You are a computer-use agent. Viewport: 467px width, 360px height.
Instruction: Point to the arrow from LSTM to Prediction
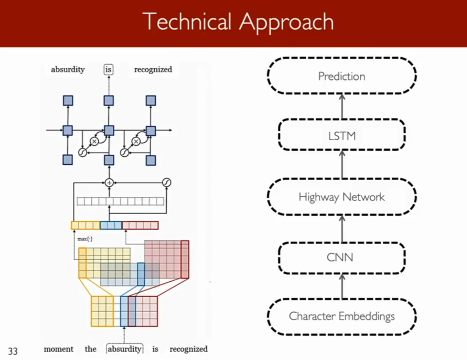click(x=342, y=107)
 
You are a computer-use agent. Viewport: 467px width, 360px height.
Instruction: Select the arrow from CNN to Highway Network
click(x=342, y=229)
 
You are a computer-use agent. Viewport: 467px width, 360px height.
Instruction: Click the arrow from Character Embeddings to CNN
click(x=342, y=286)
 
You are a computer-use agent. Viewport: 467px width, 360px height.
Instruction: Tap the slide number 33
click(x=13, y=351)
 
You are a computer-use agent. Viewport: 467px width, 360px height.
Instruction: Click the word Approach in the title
click(x=287, y=22)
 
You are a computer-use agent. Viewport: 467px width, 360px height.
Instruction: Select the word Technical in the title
click(x=189, y=21)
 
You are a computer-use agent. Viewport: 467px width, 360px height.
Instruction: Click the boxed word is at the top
click(x=109, y=69)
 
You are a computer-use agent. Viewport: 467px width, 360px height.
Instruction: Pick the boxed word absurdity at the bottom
click(x=125, y=349)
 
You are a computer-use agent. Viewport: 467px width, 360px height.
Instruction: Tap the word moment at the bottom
click(x=59, y=349)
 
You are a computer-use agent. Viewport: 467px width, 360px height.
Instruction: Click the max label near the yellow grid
click(x=85, y=239)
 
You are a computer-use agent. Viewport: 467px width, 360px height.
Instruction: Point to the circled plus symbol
click(x=109, y=183)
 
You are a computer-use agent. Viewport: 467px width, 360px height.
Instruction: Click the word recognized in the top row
click(x=153, y=70)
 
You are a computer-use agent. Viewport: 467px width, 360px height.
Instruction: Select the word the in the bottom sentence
click(x=90, y=349)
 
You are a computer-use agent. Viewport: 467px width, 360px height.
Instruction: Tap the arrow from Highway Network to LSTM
click(x=342, y=164)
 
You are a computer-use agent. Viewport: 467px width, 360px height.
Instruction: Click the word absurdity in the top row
click(x=68, y=70)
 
